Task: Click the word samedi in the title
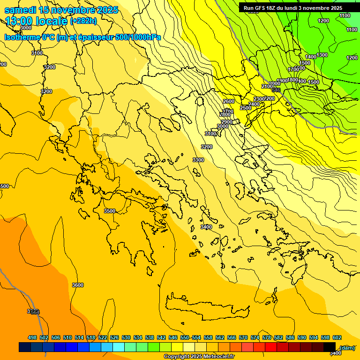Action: [x=21, y=10]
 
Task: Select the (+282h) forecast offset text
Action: [x=83, y=21]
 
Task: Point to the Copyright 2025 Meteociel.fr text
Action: [x=199, y=356]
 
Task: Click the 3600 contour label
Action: [x=78, y=285]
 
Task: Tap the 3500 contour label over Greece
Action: [x=109, y=211]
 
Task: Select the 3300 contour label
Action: [x=198, y=160]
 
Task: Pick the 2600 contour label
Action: [x=228, y=101]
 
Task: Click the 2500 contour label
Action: [x=246, y=108]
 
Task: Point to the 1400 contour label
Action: [x=310, y=57]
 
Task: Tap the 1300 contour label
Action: [x=322, y=55]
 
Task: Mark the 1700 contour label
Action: [x=293, y=69]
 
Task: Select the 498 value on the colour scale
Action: [x=32, y=337]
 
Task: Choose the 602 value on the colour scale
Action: [x=337, y=337]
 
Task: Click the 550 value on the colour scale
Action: [x=185, y=337]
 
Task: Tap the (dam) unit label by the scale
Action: [x=347, y=347]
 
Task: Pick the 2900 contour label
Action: [x=226, y=122]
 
